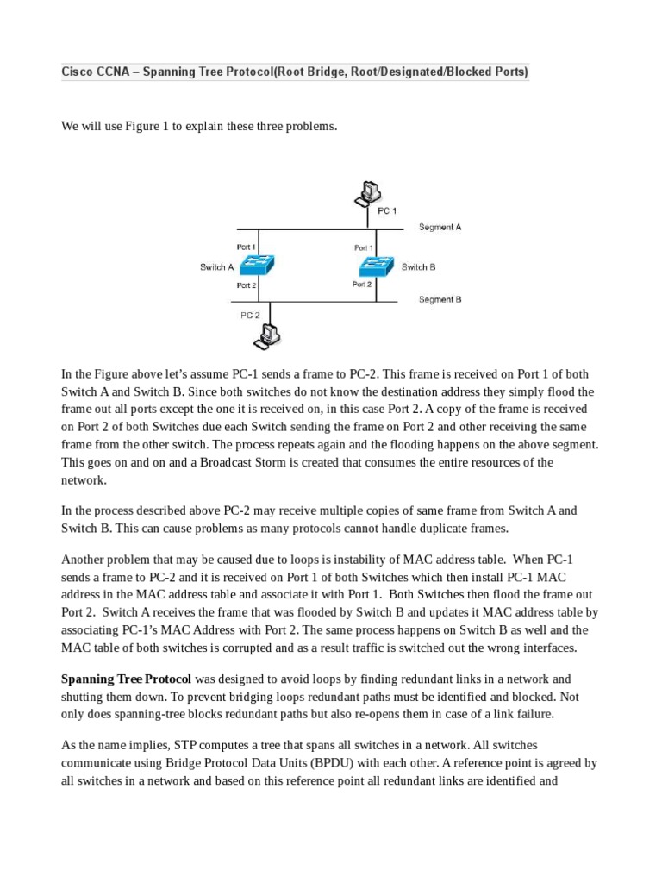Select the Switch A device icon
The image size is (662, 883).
tap(255, 266)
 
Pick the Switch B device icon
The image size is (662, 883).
tap(377, 266)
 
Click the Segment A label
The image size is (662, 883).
tap(440, 228)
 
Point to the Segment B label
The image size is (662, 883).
tap(440, 300)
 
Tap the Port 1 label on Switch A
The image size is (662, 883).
tap(246, 247)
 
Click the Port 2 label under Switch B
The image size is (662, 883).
tap(362, 284)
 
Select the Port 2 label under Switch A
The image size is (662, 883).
tap(246, 285)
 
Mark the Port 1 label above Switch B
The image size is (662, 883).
tap(363, 247)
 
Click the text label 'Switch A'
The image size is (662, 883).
tap(217, 267)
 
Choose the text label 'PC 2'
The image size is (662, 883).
tap(250, 316)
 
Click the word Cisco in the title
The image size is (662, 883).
tap(78, 72)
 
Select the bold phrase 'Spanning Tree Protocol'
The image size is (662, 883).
tap(126, 679)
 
